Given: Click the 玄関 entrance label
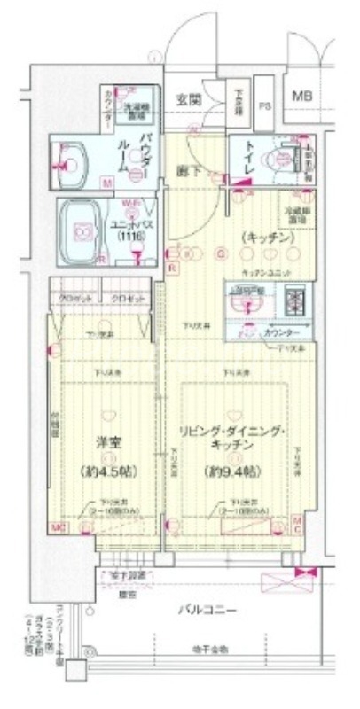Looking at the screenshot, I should (186, 99).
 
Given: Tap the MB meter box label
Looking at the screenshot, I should (303, 96).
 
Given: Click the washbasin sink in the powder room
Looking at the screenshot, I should (74, 162).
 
